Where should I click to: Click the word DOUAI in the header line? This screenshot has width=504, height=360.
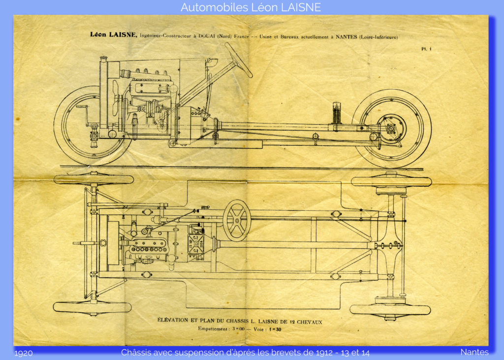pos(206,36)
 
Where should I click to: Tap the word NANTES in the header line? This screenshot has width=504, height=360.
pos(346,36)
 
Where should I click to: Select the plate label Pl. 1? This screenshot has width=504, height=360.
pos(426,49)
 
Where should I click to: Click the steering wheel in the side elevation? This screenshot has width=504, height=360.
pos(238,60)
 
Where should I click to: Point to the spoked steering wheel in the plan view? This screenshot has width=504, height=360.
pos(237,221)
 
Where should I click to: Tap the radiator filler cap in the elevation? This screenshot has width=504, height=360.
pos(103,59)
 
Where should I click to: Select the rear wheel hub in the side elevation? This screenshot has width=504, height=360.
pos(391,129)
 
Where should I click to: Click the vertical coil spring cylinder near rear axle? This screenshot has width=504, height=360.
pos(336,113)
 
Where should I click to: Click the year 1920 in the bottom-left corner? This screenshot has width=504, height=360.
pos(24,353)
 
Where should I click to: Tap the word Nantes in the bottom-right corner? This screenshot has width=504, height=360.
pos(474,352)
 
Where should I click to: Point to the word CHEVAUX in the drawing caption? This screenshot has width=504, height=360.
pos(310,322)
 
